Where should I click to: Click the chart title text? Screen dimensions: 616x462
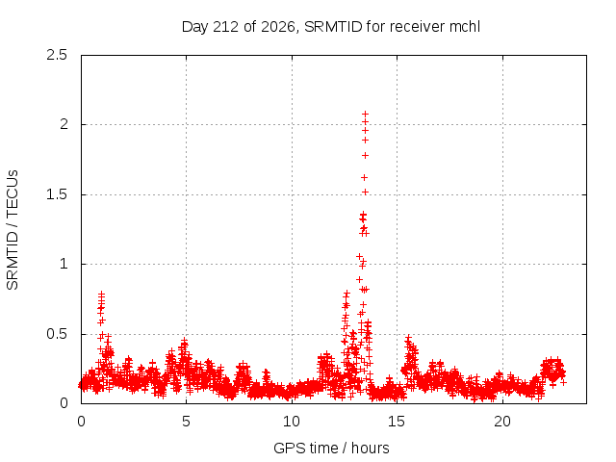coord(331,27)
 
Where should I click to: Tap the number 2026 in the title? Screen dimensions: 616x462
coord(278,27)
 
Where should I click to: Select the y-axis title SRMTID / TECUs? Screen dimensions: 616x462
coord(13,230)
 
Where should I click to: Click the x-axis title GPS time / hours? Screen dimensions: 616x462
coord(331,448)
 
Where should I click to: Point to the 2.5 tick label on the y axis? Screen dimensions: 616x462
coord(57,55)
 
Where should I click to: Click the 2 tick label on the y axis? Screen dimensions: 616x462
coord(64,124)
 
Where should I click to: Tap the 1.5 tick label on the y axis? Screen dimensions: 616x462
coord(57,194)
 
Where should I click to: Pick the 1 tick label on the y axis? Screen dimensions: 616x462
coord(64,264)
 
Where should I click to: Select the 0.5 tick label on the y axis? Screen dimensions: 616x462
coord(57,334)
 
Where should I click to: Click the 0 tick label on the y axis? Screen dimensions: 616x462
coord(64,403)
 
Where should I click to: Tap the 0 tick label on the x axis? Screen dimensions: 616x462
coord(81,422)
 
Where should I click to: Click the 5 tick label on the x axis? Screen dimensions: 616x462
coord(186,422)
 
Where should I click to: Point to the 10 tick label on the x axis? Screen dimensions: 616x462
coord(292,422)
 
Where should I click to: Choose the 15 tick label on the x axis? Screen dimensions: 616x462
coord(397,422)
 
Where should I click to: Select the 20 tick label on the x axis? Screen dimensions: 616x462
coord(502,422)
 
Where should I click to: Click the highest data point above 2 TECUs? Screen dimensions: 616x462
coord(366,114)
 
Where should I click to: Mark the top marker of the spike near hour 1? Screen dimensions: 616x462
coord(101,293)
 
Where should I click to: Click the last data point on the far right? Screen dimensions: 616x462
coord(563,382)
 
